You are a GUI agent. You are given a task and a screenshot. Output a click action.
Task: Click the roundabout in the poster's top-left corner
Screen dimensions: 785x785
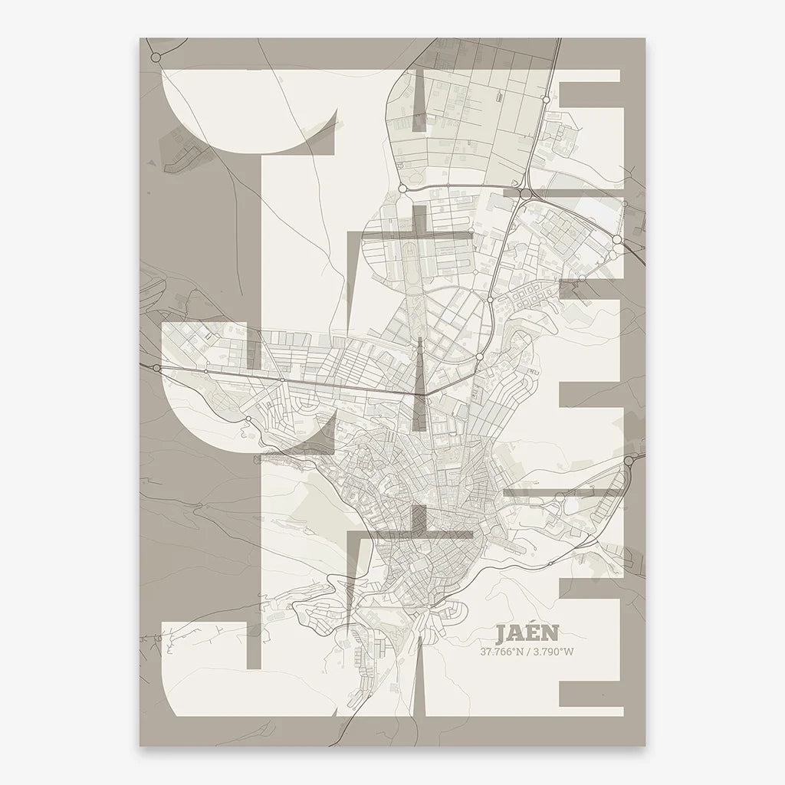coord(156,57)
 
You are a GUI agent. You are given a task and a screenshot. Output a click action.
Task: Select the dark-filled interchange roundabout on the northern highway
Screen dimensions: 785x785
coord(525,195)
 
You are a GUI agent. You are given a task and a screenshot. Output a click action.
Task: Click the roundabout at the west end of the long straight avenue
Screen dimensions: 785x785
coord(156,369)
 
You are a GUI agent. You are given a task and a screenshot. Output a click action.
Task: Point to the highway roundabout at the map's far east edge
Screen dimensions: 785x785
coord(629,460)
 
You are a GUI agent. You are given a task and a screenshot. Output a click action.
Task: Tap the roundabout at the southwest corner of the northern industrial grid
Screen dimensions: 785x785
coord(402,188)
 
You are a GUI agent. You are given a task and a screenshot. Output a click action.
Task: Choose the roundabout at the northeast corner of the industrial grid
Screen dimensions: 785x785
coord(545,100)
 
